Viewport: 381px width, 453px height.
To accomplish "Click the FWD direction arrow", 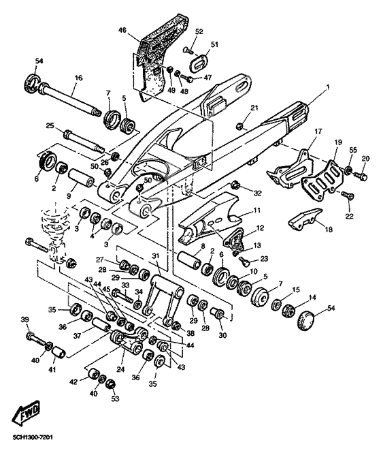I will (24, 413).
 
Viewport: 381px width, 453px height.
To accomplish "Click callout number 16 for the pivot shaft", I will (78, 79).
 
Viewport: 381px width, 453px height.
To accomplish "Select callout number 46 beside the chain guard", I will (122, 31).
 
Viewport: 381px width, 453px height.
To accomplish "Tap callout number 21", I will (254, 108).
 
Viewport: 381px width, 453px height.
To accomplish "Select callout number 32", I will (258, 193).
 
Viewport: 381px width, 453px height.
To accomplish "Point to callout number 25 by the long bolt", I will (50, 125).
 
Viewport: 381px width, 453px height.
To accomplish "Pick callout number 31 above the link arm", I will (156, 255).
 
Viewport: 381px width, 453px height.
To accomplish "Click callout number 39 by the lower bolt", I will (24, 320).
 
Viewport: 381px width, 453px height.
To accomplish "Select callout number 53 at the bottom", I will (115, 398).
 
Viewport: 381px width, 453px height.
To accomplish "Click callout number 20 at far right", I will (365, 159).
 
